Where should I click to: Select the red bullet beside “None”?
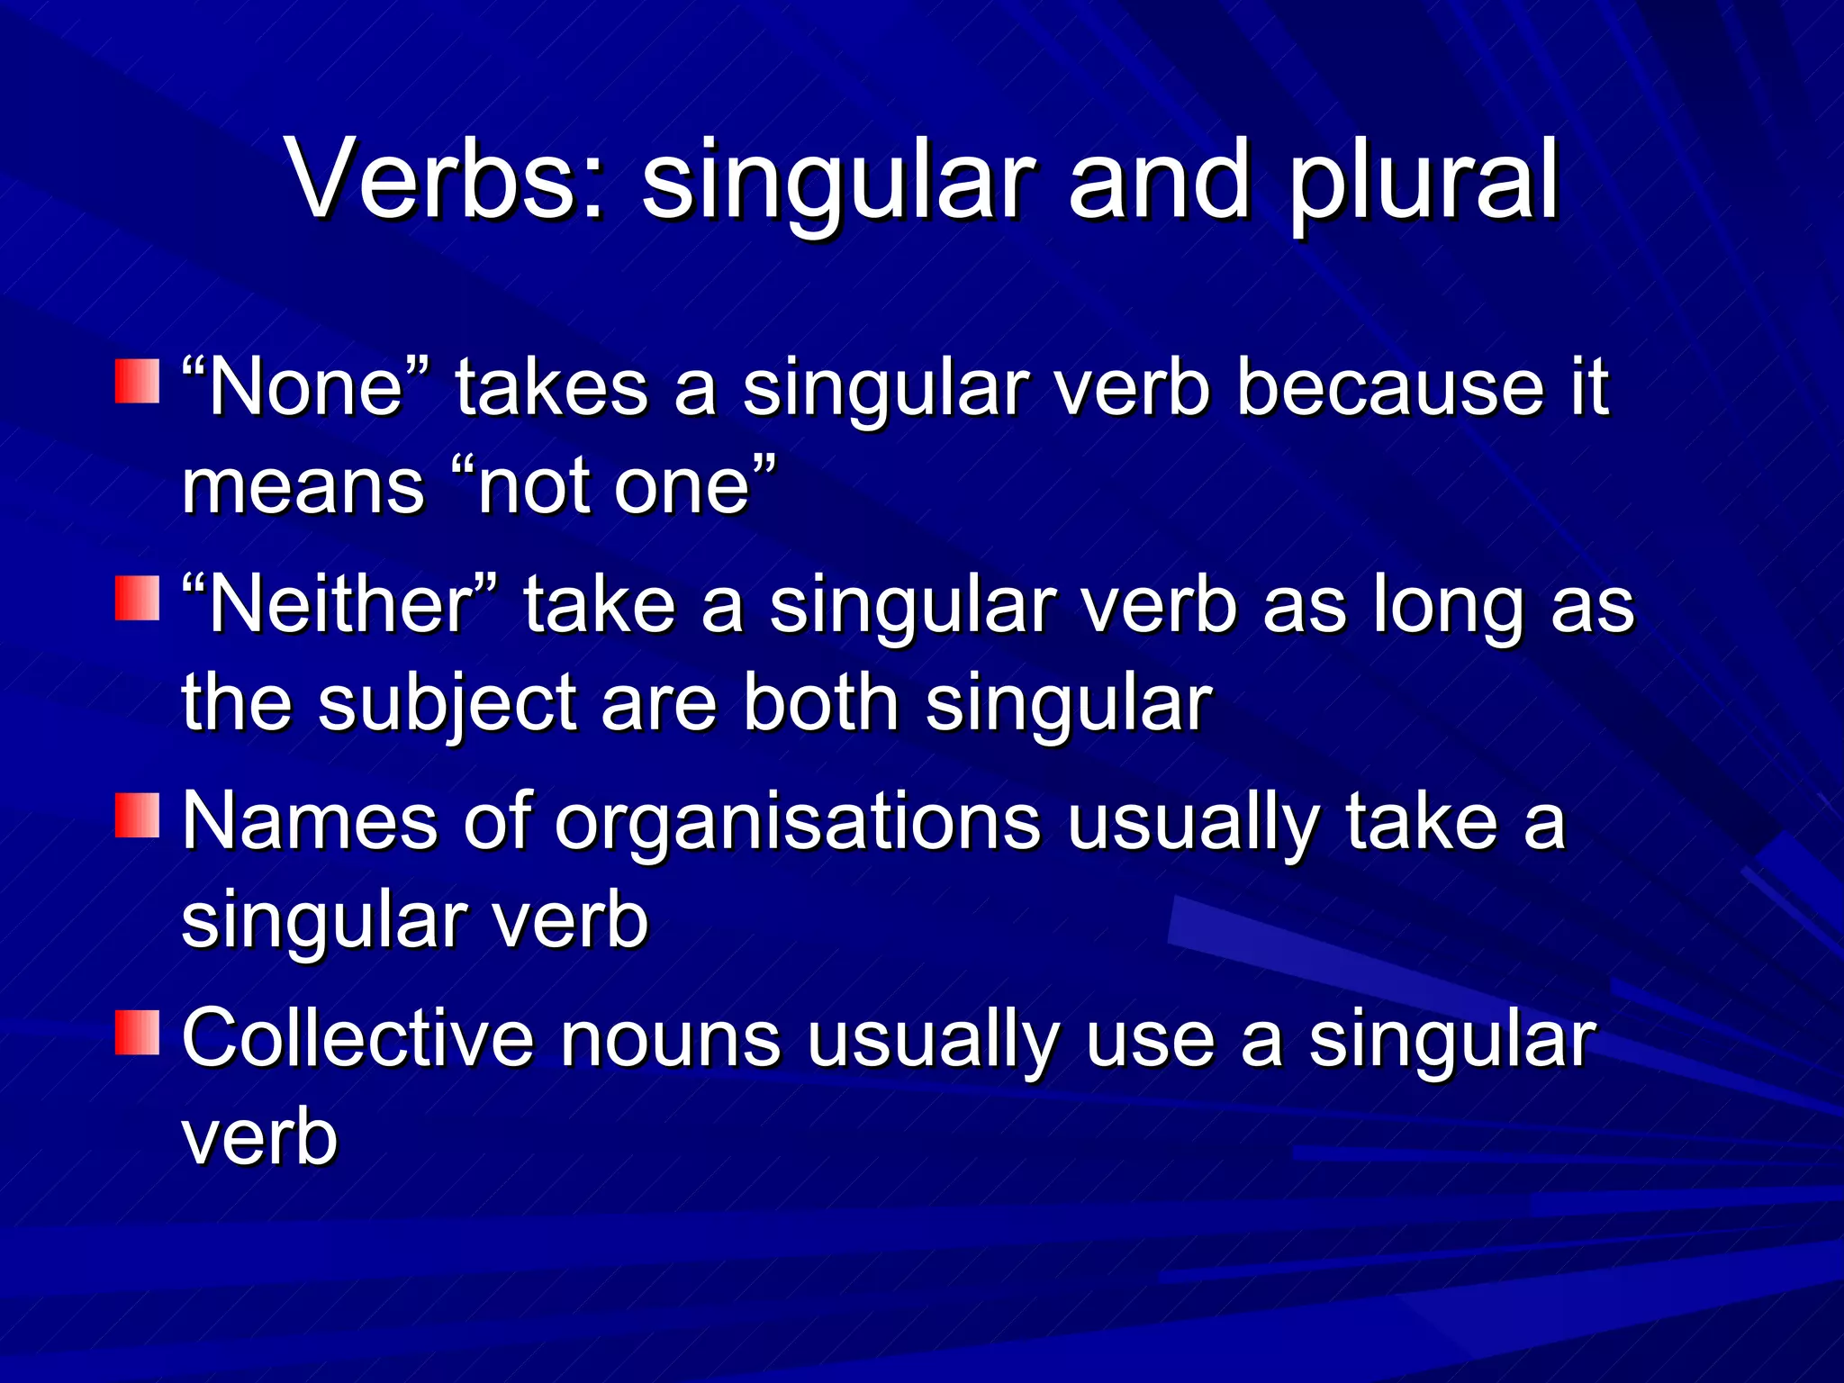pyautogui.click(x=137, y=381)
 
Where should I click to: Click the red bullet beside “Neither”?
pyautogui.click(x=137, y=598)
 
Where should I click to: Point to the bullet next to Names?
pyautogui.click(x=137, y=815)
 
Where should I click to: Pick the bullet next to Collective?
pyautogui.click(x=137, y=1032)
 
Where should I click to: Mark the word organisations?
pyautogui.click(x=798, y=824)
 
